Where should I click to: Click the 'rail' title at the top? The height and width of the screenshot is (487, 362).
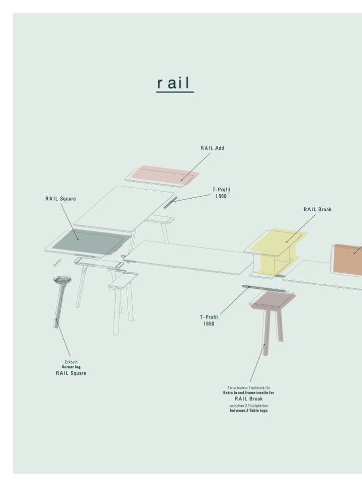(x=174, y=83)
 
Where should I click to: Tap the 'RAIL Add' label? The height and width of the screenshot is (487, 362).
(x=212, y=148)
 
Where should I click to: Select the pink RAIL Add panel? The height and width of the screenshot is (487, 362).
(x=165, y=174)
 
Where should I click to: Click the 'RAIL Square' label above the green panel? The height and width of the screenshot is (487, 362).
(x=61, y=199)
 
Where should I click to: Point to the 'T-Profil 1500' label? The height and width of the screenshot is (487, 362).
(x=221, y=193)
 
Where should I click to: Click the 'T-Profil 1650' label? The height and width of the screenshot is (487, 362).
(x=209, y=320)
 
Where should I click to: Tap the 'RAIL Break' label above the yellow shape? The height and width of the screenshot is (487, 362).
(x=317, y=209)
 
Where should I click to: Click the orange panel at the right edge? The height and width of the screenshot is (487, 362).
(x=348, y=260)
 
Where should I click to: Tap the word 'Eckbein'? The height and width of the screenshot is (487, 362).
(x=71, y=362)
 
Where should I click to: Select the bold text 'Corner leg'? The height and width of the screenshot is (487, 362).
(x=71, y=367)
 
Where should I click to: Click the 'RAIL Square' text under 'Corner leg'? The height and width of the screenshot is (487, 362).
(x=71, y=373)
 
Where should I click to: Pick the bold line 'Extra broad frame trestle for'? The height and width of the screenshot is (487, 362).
(x=249, y=392)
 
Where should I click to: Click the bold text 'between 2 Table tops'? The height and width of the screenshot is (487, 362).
(x=249, y=411)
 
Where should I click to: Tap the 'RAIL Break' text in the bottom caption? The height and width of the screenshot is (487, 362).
(x=249, y=399)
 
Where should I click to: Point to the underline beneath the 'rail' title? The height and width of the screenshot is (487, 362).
(x=174, y=92)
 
